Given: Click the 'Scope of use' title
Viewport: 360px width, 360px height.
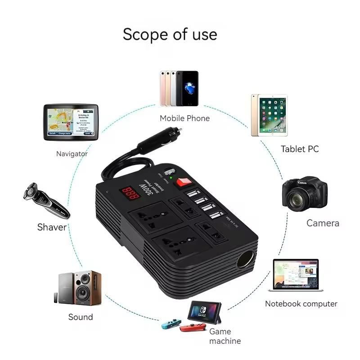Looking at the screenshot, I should coord(170,34).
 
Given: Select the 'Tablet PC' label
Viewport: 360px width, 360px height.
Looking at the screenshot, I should coord(300,149).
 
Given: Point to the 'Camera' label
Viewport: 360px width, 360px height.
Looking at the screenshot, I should coord(323,223).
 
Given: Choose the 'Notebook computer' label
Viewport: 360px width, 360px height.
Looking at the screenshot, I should coord(301,304).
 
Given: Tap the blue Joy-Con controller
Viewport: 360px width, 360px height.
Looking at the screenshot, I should coord(171,324).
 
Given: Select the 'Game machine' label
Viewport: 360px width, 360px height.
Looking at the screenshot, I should coord(225,336).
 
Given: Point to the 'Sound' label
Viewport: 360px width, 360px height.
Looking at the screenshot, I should coord(81,317).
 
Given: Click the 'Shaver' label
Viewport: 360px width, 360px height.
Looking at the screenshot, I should coord(52,227).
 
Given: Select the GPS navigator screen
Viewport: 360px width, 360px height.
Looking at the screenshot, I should coord(70,121).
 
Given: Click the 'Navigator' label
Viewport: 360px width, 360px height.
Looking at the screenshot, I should coord(72,154).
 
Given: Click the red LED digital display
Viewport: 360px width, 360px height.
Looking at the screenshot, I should coord(128,193).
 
